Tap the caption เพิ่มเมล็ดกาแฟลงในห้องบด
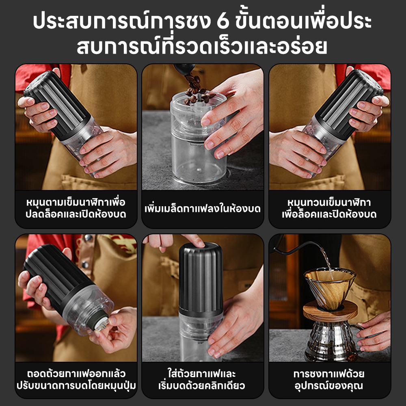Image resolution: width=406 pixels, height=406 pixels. (203, 208)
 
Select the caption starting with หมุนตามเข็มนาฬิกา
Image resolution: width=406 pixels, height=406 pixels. (76, 208)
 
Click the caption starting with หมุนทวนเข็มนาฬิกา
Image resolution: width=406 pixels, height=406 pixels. (329, 208)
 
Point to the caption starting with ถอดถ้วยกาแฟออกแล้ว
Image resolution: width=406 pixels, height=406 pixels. (76, 380)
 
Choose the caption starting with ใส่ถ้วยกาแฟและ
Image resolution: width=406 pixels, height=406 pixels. (202, 380)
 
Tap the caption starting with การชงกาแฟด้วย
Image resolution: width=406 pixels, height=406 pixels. (329, 380)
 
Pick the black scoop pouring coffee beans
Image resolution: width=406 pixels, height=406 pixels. (184, 69)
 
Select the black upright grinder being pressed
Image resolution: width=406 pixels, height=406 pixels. (201, 277)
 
